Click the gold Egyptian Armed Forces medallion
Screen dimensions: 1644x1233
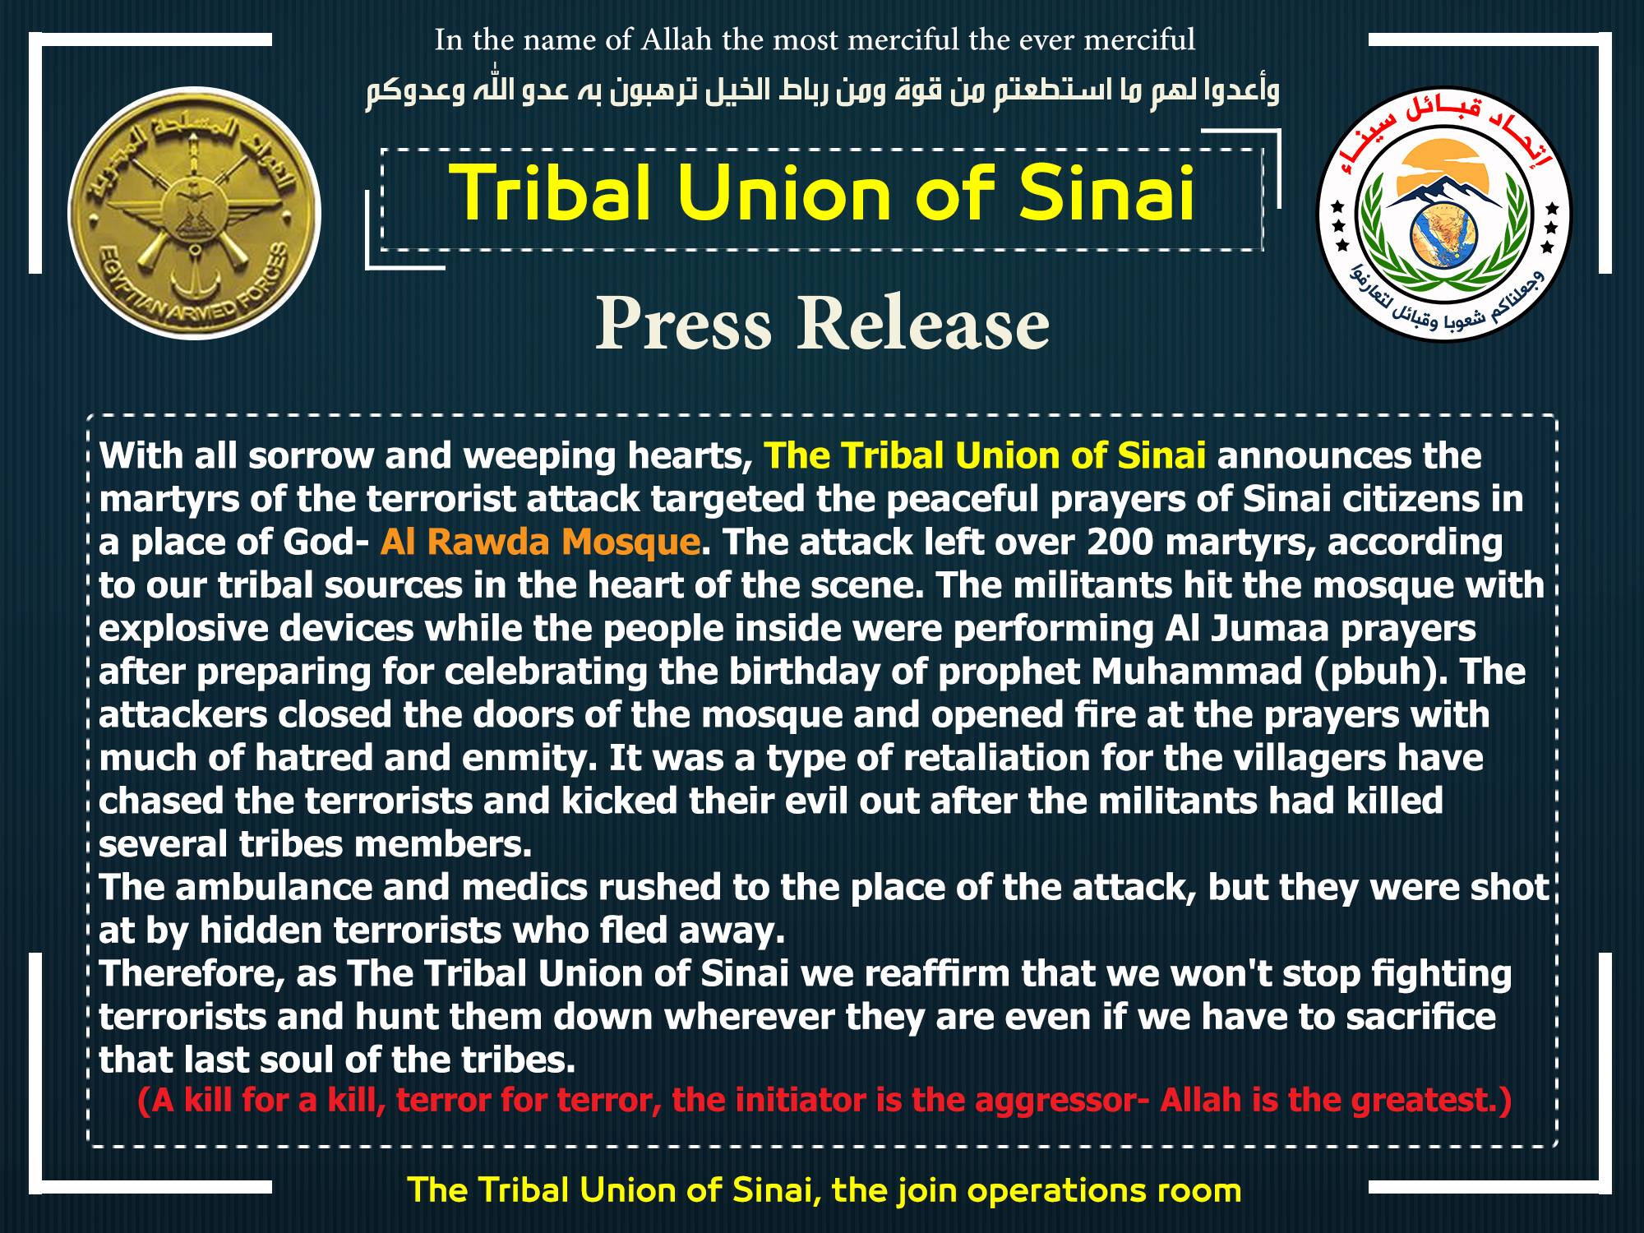[194, 214]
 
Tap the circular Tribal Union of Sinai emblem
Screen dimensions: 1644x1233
[1444, 215]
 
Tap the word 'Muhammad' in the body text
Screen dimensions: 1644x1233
[1197, 672]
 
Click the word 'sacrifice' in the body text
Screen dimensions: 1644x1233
[1421, 1017]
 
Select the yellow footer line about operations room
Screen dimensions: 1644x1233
[824, 1190]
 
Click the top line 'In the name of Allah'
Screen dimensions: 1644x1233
[815, 39]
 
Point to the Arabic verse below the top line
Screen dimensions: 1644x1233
[822, 90]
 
